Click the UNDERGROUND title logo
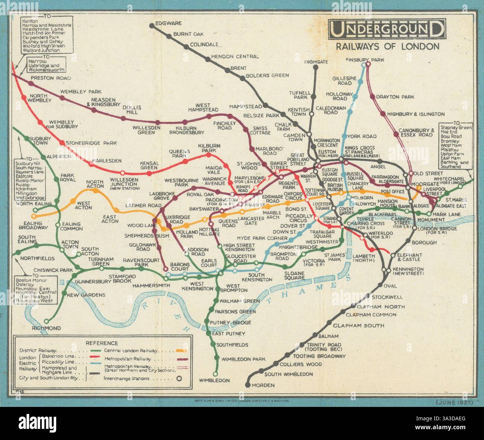pos(386,29)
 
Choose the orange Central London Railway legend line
pos(181,350)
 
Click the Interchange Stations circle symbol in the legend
pos(179,379)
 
